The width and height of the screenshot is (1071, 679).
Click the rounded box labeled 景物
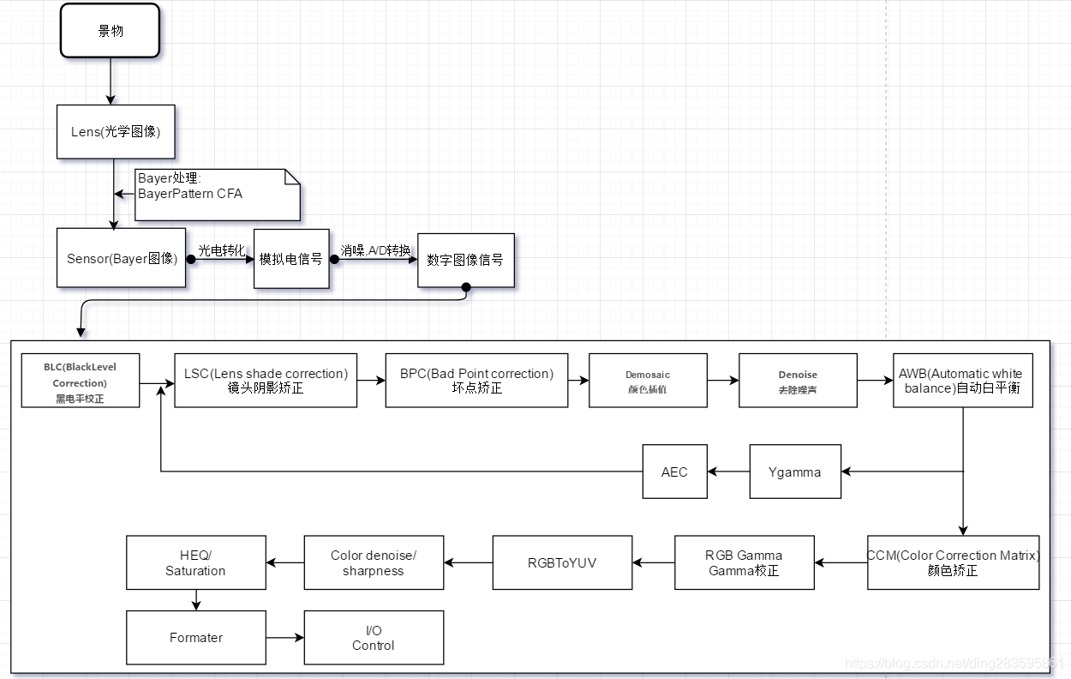pyautogui.click(x=110, y=31)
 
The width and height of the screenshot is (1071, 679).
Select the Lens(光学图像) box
pyautogui.click(x=116, y=132)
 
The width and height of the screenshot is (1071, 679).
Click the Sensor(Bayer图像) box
pyautogui.click(x=121, y=258)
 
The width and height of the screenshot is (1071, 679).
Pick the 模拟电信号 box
pyautogui.click(x=291, y=258)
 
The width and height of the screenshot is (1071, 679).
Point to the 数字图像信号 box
pyautogui.click(x=465, y=260)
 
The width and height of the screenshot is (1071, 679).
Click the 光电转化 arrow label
pyautogui.click(x=221, y=249)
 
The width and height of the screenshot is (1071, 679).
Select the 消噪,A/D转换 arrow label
pyautogui.click(x=375, y=249)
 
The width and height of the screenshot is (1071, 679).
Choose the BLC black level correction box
pyautogui.click(x=81, y=382)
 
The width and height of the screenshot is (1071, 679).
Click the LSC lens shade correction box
pyautogui.click(x=266, y=381)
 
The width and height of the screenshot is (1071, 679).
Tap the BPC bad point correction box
pyautogui.click(x=476, y=381)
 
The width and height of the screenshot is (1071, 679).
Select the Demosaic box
pyautogui.click(x=648, y=381)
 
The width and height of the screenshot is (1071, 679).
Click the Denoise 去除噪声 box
pyautogui.click(x=798, y=381)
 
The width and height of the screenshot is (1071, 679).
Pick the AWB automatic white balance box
pyautogui.click(x=962, y=381)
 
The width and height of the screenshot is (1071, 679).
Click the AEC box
pyautogui.click(x=674, y=472)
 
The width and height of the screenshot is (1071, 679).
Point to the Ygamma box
pyautogui.click(x=794, y=472)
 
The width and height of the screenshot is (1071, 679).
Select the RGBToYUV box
pyautogui.click(x=562, y=562)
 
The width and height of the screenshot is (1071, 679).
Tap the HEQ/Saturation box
pyautogui.click(x=195, y=562)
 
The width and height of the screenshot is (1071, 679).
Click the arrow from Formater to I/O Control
pyautogui.click(x=284, y=638)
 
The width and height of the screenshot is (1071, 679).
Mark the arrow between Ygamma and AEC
pyautogui.click(x=728, y=472)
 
